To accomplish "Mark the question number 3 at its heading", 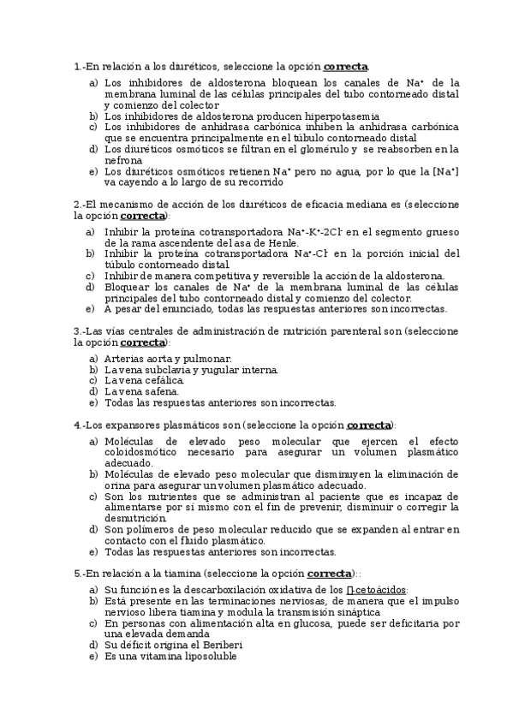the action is (77, 330).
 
